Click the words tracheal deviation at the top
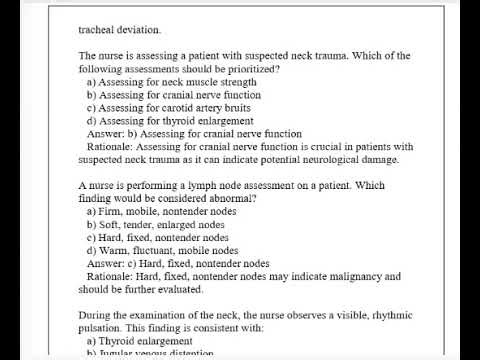118,30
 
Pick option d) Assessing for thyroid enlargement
159,120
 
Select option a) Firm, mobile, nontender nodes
157,212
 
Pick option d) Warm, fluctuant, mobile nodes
157,251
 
